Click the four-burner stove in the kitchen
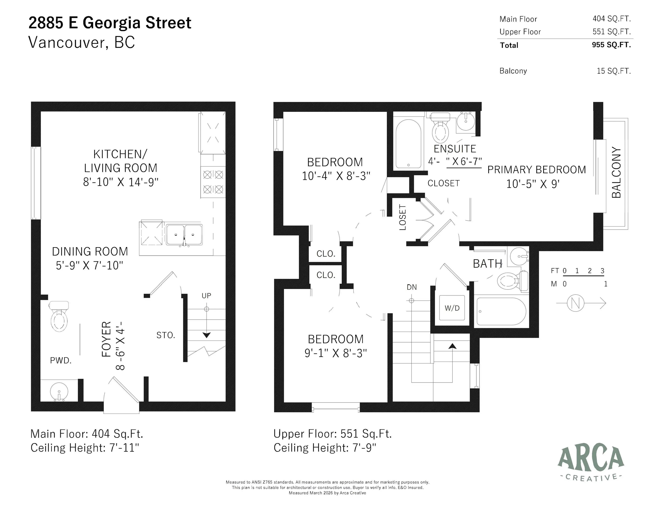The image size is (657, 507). [213, 182]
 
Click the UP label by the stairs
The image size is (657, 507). [206, 296]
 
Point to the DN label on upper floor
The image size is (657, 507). [411, 287]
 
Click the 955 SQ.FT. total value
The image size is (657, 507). [611, 45]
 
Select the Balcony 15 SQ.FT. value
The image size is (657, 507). [614, 71]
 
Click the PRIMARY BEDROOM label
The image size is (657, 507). [536, 170]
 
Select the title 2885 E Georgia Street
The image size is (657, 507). [110, 23]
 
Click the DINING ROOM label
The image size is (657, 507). [90, 251]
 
